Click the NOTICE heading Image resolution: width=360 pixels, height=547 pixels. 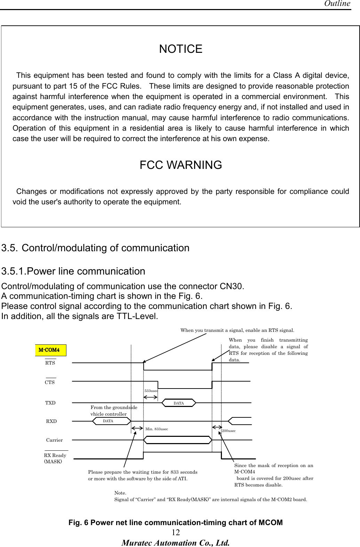(181, 49)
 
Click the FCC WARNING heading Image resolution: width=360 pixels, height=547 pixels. (181, 165)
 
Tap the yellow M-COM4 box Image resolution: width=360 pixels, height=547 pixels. (50, 350)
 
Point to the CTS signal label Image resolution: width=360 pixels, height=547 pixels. (50, 382)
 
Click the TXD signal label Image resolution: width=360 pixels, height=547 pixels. (50, 403)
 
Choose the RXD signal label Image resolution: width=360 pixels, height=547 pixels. (51, 421)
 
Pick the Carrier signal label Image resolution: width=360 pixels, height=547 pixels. (55, 440)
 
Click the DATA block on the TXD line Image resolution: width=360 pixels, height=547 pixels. (179, 403)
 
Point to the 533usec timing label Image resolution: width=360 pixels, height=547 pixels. (151, 391)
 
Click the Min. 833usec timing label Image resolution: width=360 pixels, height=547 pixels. (157, 429)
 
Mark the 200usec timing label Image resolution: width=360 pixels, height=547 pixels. (229, 431)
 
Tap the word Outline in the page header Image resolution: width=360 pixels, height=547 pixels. (337, 4)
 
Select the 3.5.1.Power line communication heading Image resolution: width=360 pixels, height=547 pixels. (73, 271)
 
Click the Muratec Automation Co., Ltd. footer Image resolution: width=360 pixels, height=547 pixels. (175, 542)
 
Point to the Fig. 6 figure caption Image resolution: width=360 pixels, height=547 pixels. (175, 523)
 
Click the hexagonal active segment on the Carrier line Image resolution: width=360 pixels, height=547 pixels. (178, 440)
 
